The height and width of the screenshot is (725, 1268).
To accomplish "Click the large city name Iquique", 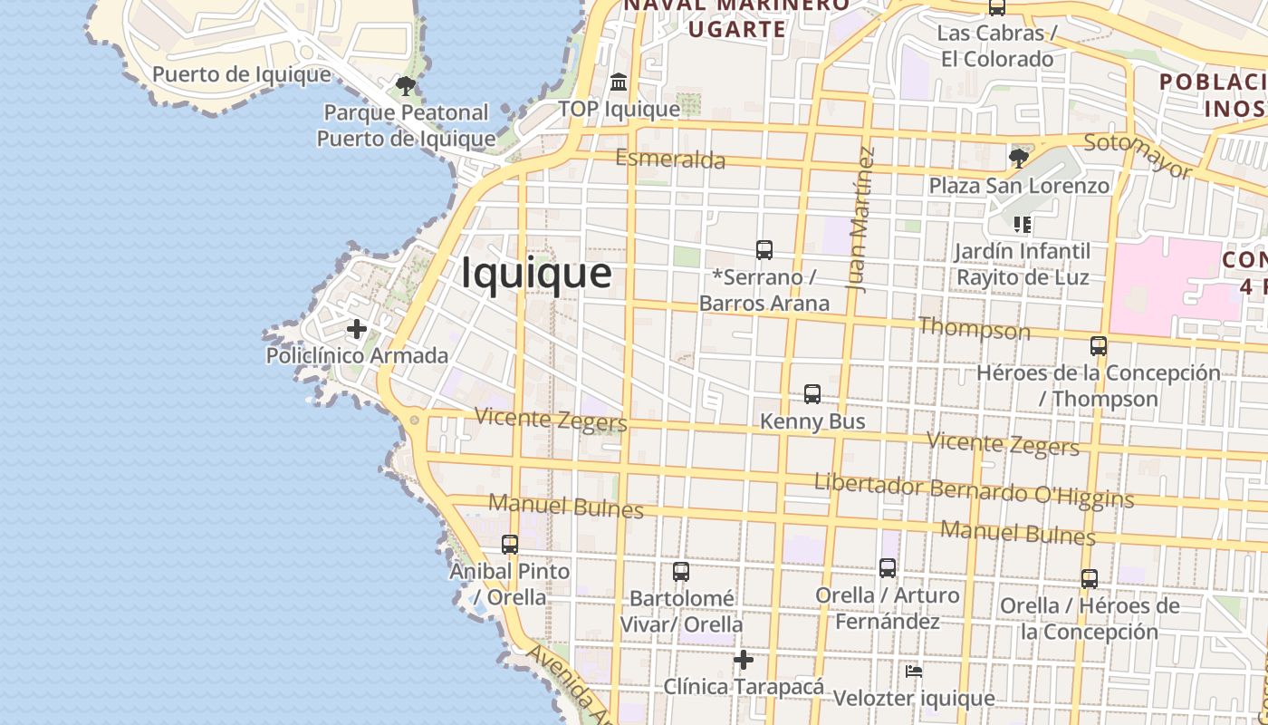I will click(x=536, y=273).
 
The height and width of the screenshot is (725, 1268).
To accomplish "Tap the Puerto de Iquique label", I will click(x=241, y=74).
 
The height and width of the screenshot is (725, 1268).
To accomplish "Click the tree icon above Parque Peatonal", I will click(x=405, y=86).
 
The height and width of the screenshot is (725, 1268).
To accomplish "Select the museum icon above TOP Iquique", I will click(x=619, y=82).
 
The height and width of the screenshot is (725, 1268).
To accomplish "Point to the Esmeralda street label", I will click(x=670, y=159).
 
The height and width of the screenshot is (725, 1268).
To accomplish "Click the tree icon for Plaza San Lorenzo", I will click(x=1019, y=159).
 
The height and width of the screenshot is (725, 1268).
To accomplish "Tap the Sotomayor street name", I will click(x=1138, y=155).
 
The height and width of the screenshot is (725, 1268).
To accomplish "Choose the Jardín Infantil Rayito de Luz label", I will click(x=1023, y=264).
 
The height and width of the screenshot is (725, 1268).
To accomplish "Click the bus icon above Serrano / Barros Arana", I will click(x=764, y=249).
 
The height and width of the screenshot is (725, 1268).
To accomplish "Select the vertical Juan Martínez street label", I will click(x=861, y=218).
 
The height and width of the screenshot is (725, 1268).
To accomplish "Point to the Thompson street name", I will click(x=974, y=328).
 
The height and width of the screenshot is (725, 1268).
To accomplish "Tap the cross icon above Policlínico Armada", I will click(x=357, y=328).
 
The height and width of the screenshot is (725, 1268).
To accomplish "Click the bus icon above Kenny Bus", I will click(x=812, y=394).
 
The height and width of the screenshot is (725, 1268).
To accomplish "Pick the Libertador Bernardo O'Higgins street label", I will click(x=974, y=490).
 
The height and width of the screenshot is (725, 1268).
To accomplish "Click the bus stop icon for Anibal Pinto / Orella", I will click(x=510, y=544).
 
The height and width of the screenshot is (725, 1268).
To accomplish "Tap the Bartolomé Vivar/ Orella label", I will click(x=681, y=612).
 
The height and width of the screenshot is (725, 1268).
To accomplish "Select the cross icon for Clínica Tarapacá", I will click(x=744, y=660).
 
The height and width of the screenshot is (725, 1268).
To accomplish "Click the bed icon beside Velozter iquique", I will click(x=914, y=672).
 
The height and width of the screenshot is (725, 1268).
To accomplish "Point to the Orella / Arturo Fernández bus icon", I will click(x=888, y=568).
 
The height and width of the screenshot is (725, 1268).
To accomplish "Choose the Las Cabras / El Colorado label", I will click(x=996, y=46).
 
